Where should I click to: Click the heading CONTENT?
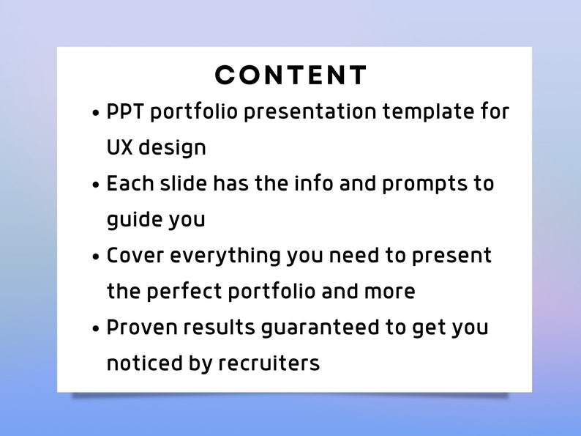(290, 75)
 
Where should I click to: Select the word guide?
(135, 220)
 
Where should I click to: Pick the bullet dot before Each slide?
(97, 185)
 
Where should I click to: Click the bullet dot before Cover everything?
(97, 256)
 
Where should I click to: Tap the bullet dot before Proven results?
(97, 328)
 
